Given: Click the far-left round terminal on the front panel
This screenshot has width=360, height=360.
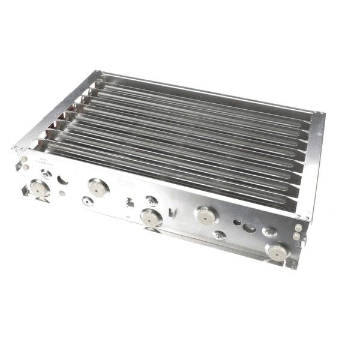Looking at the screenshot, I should pos(40,189).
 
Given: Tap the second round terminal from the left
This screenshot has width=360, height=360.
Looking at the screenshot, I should pos(95,187).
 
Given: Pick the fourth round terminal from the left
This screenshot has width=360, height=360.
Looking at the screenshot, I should pos(205,214).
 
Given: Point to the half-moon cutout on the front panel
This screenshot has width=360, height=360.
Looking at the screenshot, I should pos(63,179).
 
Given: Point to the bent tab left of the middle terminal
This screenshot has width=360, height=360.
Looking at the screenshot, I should pos(130,202).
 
